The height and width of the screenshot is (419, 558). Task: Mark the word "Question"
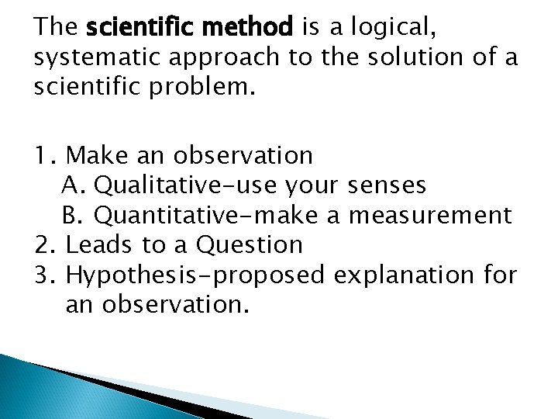[x=250, y=245]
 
